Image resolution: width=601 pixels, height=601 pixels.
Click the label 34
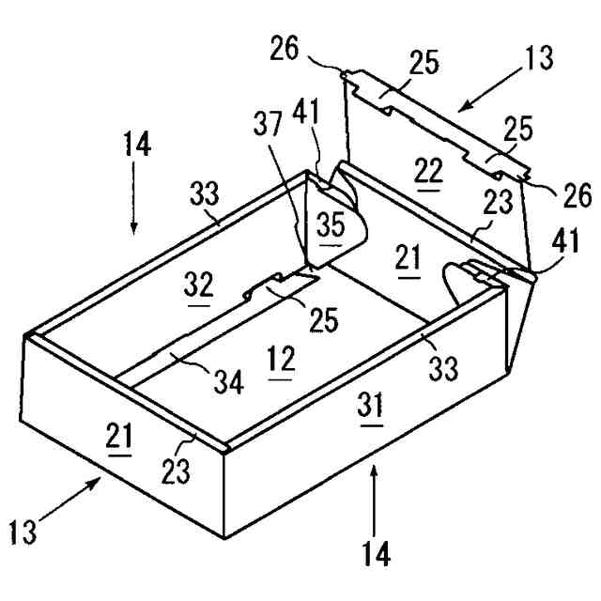coord(225,380)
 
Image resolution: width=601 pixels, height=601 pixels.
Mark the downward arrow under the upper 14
coord(133,207)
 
